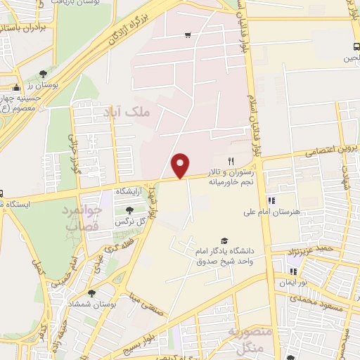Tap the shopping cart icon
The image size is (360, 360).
pyautogui.click(x=188, y=34)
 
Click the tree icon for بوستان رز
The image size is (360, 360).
pyautogui.click(x=44, y=73)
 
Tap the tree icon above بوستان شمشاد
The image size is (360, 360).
pyautogui.click(x=91, y=293)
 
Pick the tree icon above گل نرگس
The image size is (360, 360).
pyautogui.click(x=129, y=210)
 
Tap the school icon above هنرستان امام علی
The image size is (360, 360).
pyautogui.click(x=271, y=200)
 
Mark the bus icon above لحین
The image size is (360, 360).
pyautogui.click(x=355, y=48)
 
